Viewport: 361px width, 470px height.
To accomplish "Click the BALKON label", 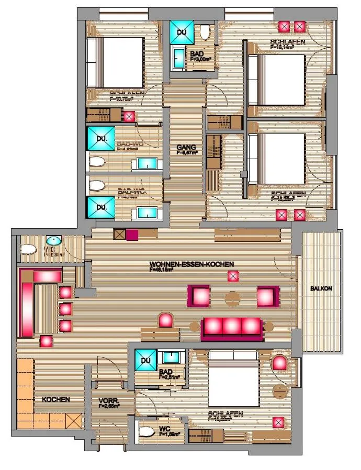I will pyautogui.click(x=321, y=288).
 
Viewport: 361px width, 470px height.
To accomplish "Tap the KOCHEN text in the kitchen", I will pyautogui.click(x=56, y=399).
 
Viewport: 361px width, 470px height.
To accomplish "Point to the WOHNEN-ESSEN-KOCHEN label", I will pyautogui.click(x=191, y=264).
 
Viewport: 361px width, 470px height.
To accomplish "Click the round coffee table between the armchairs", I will pyautogui.click(x=232, y=298).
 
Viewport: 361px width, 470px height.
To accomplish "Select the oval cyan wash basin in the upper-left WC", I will pyautogui.click(x=53, y=241).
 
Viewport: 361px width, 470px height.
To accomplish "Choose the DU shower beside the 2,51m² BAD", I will pyautogui.click(x=145, y=360).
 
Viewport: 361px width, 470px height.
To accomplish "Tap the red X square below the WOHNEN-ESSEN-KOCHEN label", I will pyautogui.click(x=233, y=277).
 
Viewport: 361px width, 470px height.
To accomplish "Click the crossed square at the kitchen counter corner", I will pyautogui.click(x=74, y=421).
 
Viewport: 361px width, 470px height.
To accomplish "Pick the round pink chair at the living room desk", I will pyautogui.click(x=166, y=320).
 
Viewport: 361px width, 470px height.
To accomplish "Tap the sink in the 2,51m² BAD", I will pyautogui.click(x=171, y=358).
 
